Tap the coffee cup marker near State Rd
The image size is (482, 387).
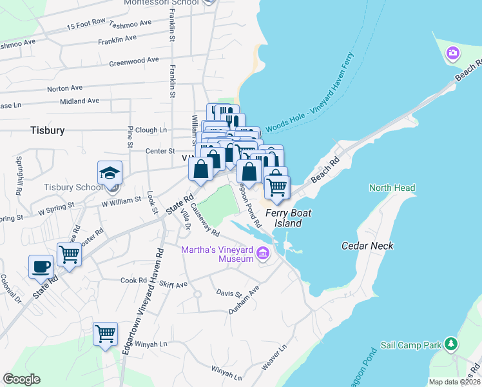click(41, 266)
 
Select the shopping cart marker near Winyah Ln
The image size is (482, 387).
click(105, 334)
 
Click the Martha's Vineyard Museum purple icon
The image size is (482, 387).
click(262, 253)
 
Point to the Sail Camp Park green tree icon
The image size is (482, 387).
click(453, 345)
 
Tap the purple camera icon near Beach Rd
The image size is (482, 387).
click(453, 52)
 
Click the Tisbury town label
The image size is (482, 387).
click(47, 130)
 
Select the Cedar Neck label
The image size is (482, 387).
click(367, 246)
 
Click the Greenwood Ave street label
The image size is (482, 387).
click(133, 61)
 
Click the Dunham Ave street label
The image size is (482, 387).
click(244, 301)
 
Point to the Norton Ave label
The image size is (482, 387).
click(65, 88)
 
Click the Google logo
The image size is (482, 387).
click(21, 379)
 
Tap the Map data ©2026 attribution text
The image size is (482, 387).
click(455, 382)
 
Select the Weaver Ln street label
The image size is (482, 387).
click(274, 357)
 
